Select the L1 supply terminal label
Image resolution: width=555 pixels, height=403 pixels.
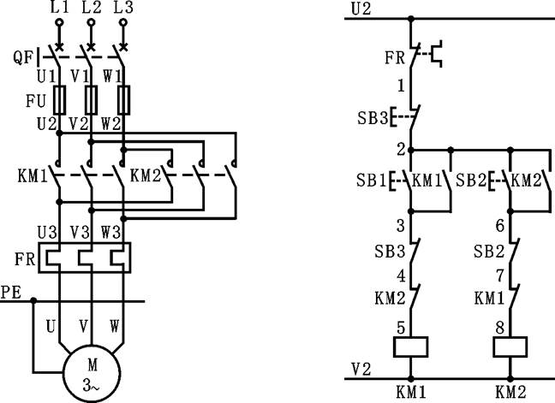coord(59,8)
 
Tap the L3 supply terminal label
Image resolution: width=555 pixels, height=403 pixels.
coord(123,8)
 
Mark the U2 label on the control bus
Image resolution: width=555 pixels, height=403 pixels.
coord(361,9)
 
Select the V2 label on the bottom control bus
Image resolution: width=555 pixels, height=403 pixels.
coord(361,368)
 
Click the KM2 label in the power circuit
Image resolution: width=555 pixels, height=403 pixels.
coord(146,180)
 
